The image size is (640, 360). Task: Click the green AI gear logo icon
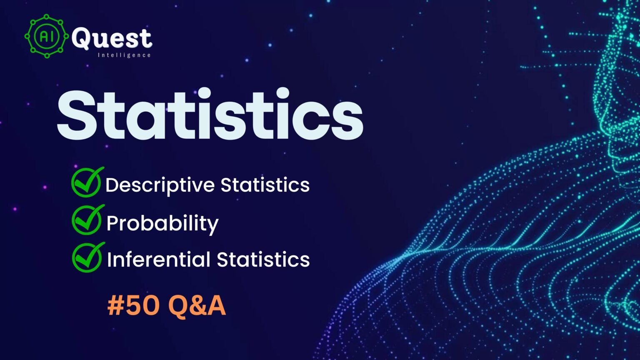click(x=47, y=36)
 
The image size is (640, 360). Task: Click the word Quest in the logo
click(x=112, y=38)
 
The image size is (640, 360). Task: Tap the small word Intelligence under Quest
click(x=124, y=55)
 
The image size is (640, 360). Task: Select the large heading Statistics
click(x=210, y=114)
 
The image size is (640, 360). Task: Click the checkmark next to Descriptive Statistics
click(x=87, y=182)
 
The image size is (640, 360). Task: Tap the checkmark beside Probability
click(x=88, y=220)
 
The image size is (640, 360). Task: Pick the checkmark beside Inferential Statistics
click(x=88, y=257)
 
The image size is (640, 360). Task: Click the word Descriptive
click(x=160, y=185)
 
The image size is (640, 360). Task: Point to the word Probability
click(x=162, y=223)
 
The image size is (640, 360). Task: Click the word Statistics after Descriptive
click(x=265, y=185)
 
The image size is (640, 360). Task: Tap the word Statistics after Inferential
click(x=263, y=260)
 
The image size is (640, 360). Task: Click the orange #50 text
click(x=133, y=305)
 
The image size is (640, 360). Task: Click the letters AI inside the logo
click(x=46, y=36)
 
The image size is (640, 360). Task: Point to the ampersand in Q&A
click(x=198, y=305)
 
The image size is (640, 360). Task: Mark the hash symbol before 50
click(x=115, y=306)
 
